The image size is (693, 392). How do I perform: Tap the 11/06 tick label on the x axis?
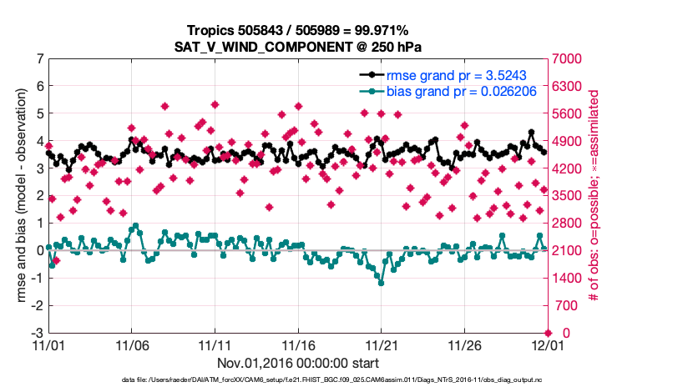pyautogui.click(x=132, y=344)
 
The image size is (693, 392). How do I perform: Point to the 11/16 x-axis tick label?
pyautogui.click(x=298, y=344)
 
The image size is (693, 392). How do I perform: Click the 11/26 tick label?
pyautogui.click(x=464, y=344)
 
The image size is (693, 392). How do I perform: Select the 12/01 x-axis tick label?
pyautogui.click(x=547, y=344)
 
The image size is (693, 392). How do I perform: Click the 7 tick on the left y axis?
pyautogui.click(x=40, y=59)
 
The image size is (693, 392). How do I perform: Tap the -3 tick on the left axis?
pyautogui.click(x=38, y=333)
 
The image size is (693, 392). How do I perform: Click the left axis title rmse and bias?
pyautogui.click(x=21, y=196)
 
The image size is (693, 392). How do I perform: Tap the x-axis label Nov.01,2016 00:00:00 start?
pyautogui.click(x=298, y=363)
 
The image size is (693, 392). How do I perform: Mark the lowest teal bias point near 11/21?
pyautogui.click(x=382, y=283)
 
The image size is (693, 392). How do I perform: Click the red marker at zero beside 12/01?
pyautogui.click(x=547, y=333)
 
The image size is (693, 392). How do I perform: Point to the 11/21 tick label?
pyautogui.click(x=382, y=344)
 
